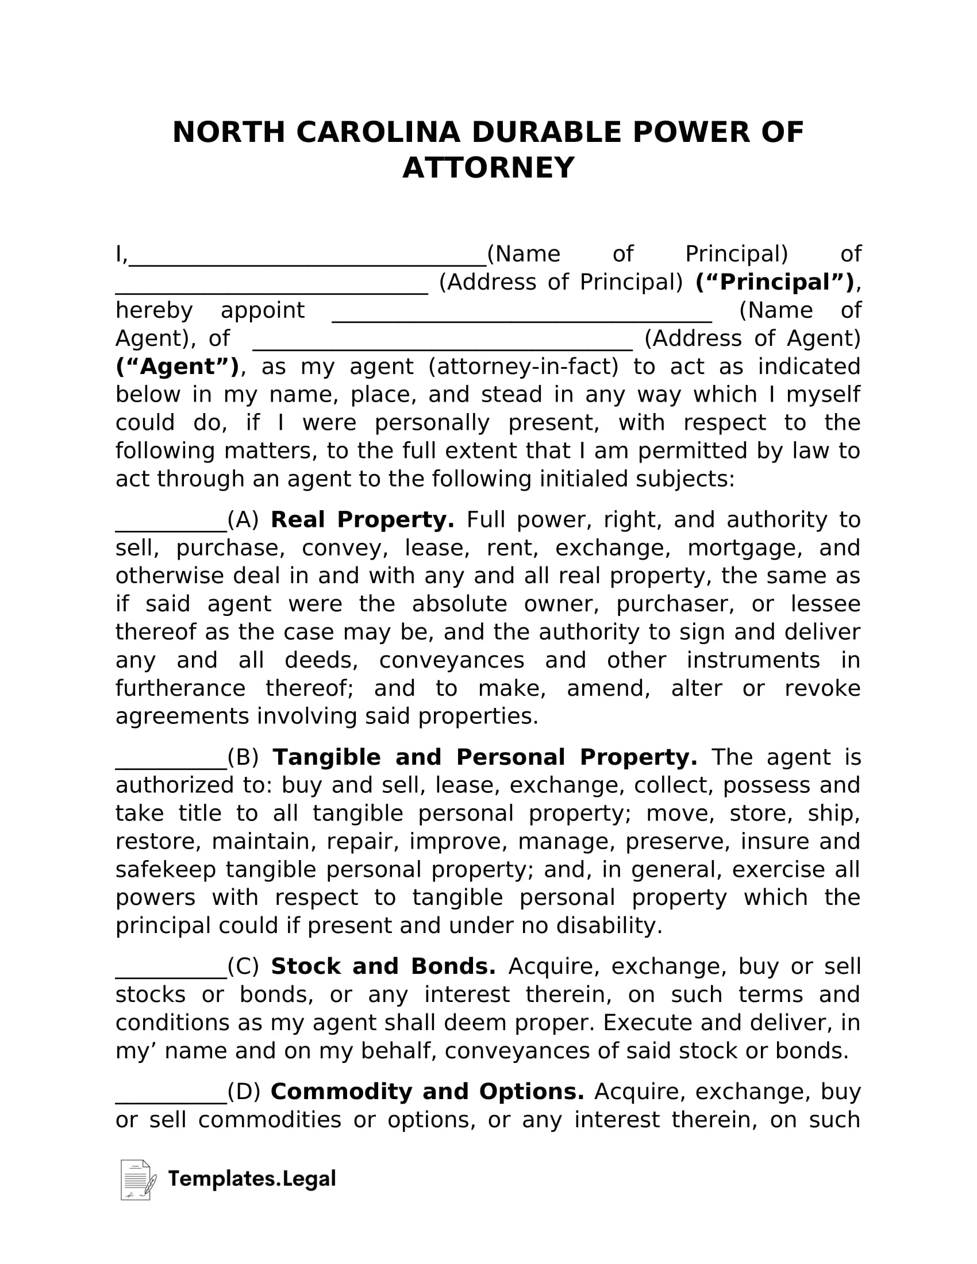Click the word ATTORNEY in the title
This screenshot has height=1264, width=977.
coord(488,168)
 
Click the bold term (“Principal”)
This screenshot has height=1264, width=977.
coord(775,283)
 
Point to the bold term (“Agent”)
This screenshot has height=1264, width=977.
coord(177,367)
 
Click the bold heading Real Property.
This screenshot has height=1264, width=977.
coord(362,520)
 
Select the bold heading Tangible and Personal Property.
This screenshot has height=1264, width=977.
coord(484,758)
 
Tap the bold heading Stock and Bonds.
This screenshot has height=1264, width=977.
coord(383,967)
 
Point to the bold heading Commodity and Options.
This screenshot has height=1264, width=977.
coord(427,1092)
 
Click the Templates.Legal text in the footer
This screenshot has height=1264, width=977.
coord(252,1179)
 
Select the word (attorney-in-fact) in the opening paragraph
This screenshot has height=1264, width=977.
coord(523,367)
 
